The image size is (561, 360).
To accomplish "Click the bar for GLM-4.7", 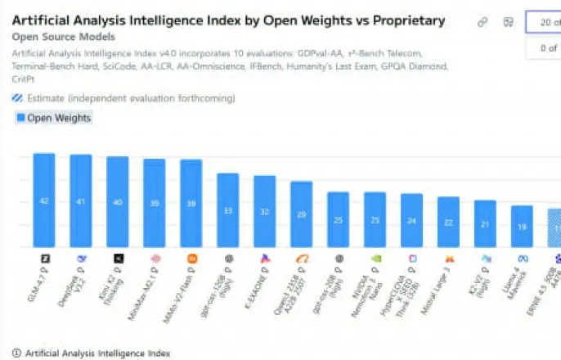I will [x=44, y=200].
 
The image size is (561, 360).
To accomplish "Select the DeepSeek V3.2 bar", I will [x=81, y=200].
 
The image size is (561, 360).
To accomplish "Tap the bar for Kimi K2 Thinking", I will [x=118, y=201].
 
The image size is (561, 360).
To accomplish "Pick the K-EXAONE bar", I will [x=265, y=211].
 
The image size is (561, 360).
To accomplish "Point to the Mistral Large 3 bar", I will [x=449, y=222].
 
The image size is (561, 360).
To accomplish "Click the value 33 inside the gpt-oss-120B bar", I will [x=228, y=210].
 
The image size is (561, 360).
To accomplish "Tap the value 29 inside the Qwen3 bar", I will [x=302, y=214].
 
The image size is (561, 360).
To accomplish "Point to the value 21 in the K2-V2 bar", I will [x=486, y=224].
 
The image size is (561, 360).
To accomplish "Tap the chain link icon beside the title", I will [x=483, y=22].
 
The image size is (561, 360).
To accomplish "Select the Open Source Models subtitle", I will [x=64, y=37].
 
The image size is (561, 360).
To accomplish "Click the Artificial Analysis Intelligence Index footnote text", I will [x=98, y=353].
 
